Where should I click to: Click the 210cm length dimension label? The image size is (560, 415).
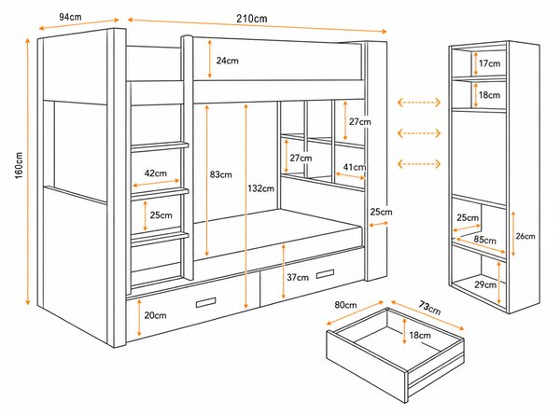251,19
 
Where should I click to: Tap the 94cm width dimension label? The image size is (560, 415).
70,17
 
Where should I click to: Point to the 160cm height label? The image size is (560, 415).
19,165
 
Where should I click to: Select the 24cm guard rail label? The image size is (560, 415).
227,61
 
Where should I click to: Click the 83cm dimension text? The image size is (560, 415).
220,174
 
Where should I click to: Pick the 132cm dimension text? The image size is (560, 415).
261,188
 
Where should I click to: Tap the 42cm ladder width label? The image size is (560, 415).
155,173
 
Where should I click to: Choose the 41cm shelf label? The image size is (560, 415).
355,167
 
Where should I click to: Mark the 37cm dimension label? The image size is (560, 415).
298,277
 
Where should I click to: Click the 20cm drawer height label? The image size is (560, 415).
155,315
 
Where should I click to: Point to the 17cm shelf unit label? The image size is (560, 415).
490,63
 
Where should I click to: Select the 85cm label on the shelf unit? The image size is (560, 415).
485,240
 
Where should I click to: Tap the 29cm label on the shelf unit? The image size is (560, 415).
485,284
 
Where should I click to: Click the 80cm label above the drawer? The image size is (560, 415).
345,305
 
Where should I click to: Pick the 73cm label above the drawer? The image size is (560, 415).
429,309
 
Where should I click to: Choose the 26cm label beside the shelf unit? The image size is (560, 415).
525,236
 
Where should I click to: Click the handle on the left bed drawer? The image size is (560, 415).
205,302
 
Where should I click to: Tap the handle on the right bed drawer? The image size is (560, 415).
325,274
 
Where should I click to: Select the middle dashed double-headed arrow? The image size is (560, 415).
419,133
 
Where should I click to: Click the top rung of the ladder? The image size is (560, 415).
160,146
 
